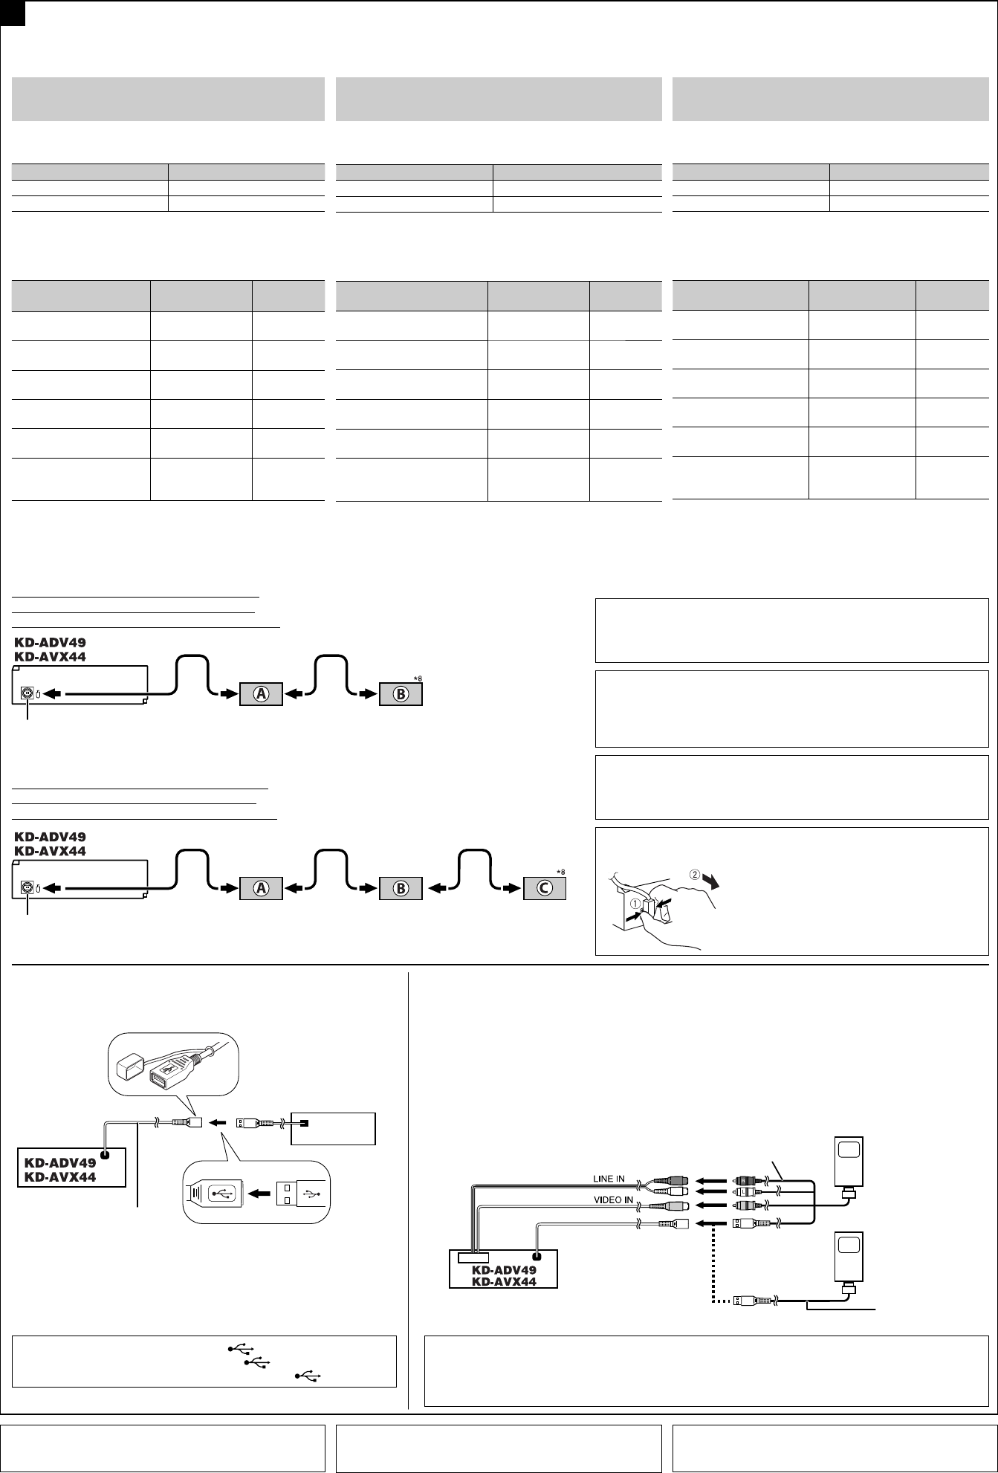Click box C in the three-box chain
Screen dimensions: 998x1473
(545, 887)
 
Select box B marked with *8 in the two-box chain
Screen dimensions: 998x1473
(401, 694)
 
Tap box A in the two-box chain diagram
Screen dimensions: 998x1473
(261, 694)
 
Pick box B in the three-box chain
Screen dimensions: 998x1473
(401, 887)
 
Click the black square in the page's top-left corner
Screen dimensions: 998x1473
(13, 13)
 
